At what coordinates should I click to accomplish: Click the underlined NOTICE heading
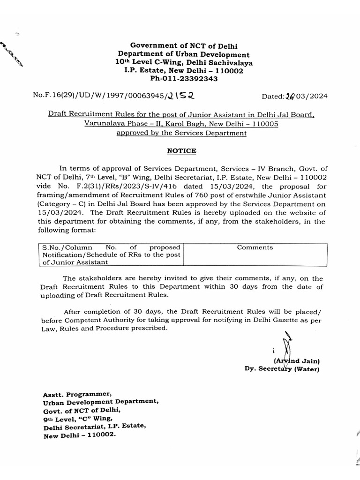[181, 151]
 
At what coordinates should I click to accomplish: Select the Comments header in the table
[255, 247]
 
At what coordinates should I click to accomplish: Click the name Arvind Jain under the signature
[296, 360]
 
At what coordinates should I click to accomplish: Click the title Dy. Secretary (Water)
[282, 369]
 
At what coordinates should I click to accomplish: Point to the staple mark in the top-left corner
[13, 55]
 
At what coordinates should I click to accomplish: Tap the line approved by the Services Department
[181, 133]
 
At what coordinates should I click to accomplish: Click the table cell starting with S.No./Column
[110, 255]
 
